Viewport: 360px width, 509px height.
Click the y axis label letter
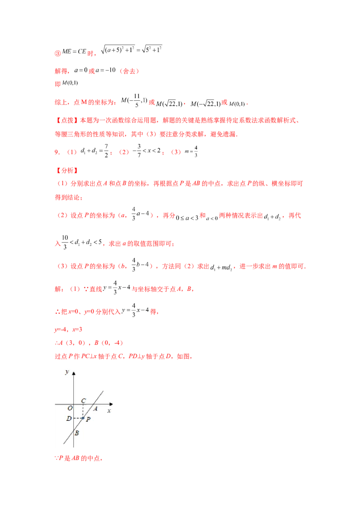coord(67,372)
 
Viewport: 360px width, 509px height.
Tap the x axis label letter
coord(109,411)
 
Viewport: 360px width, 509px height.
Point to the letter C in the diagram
coord(84,400)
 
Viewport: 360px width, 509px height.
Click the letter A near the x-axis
coord(95,409)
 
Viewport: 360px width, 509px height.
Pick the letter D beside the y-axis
coord(68,419)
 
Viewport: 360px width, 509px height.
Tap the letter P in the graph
coord(88,420)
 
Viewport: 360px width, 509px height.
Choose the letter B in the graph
coord(77,433)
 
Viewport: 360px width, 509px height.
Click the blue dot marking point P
coord(83,418)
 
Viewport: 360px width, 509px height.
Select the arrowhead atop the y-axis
coord(73,373)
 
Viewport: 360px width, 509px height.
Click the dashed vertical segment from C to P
coord(83,411)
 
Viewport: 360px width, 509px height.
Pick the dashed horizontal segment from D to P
coord(78,418)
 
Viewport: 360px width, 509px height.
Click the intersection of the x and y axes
coord(73,404)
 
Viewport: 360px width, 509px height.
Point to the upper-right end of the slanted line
coord(103,390)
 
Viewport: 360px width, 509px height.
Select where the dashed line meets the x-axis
coord(83,404)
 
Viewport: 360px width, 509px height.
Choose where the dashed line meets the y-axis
coord(73,418)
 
